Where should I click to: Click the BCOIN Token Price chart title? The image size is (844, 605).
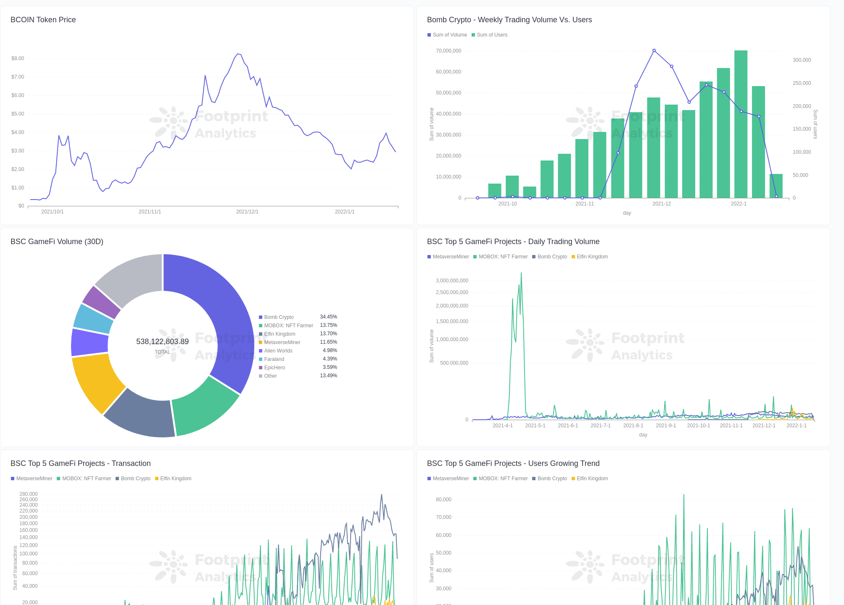click(43, 20)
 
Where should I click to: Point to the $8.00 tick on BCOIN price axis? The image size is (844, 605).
click(18, 58)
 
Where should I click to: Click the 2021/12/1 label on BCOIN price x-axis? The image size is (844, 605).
click(247, 212)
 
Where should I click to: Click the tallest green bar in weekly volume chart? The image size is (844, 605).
click(741, 126)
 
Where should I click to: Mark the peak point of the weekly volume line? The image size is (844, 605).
click(654, 50)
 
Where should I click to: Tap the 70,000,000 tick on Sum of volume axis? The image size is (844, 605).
click(448, 51)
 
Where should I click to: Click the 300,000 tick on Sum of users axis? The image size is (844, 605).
click(802, 60)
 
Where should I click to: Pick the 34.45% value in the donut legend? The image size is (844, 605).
click(328, 317)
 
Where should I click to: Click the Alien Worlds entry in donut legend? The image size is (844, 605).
click(278, 351)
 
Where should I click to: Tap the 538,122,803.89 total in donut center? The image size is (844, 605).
click(162, 342)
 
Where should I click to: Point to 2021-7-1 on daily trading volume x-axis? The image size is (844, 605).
click(600, 426)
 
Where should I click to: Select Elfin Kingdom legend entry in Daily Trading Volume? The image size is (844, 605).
click(592, 257)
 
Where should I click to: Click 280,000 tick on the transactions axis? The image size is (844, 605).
click(28, 494)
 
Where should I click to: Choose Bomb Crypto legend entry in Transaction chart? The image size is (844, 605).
click(135, 479)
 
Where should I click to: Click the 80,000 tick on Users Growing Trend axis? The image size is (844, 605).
click(443, 500)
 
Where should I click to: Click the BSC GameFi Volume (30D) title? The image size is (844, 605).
click(57, 242)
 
